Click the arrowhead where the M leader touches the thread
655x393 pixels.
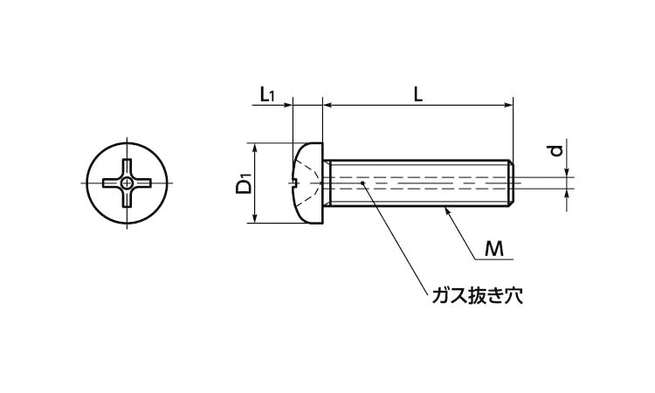[447, 210]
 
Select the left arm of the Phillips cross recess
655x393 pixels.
[111, 183]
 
